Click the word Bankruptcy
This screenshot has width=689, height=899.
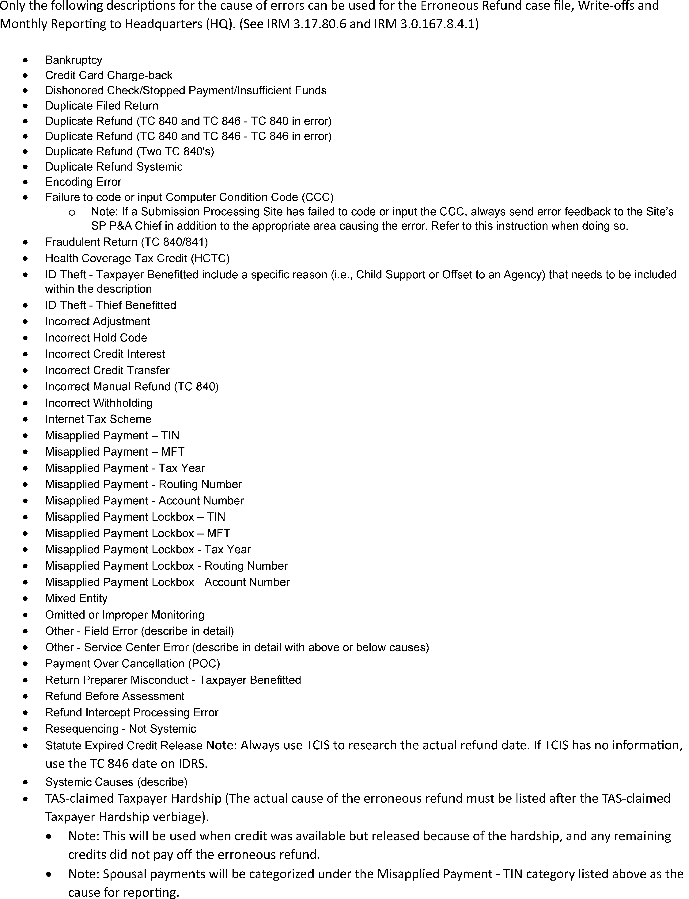[74, 60]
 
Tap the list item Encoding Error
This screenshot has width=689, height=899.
[83, 182]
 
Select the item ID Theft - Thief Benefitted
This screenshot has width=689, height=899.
[111, 305]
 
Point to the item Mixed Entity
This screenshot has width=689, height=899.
[76, 599]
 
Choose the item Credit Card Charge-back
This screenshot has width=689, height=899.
[109, 75]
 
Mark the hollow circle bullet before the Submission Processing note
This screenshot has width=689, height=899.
[72, 212]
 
